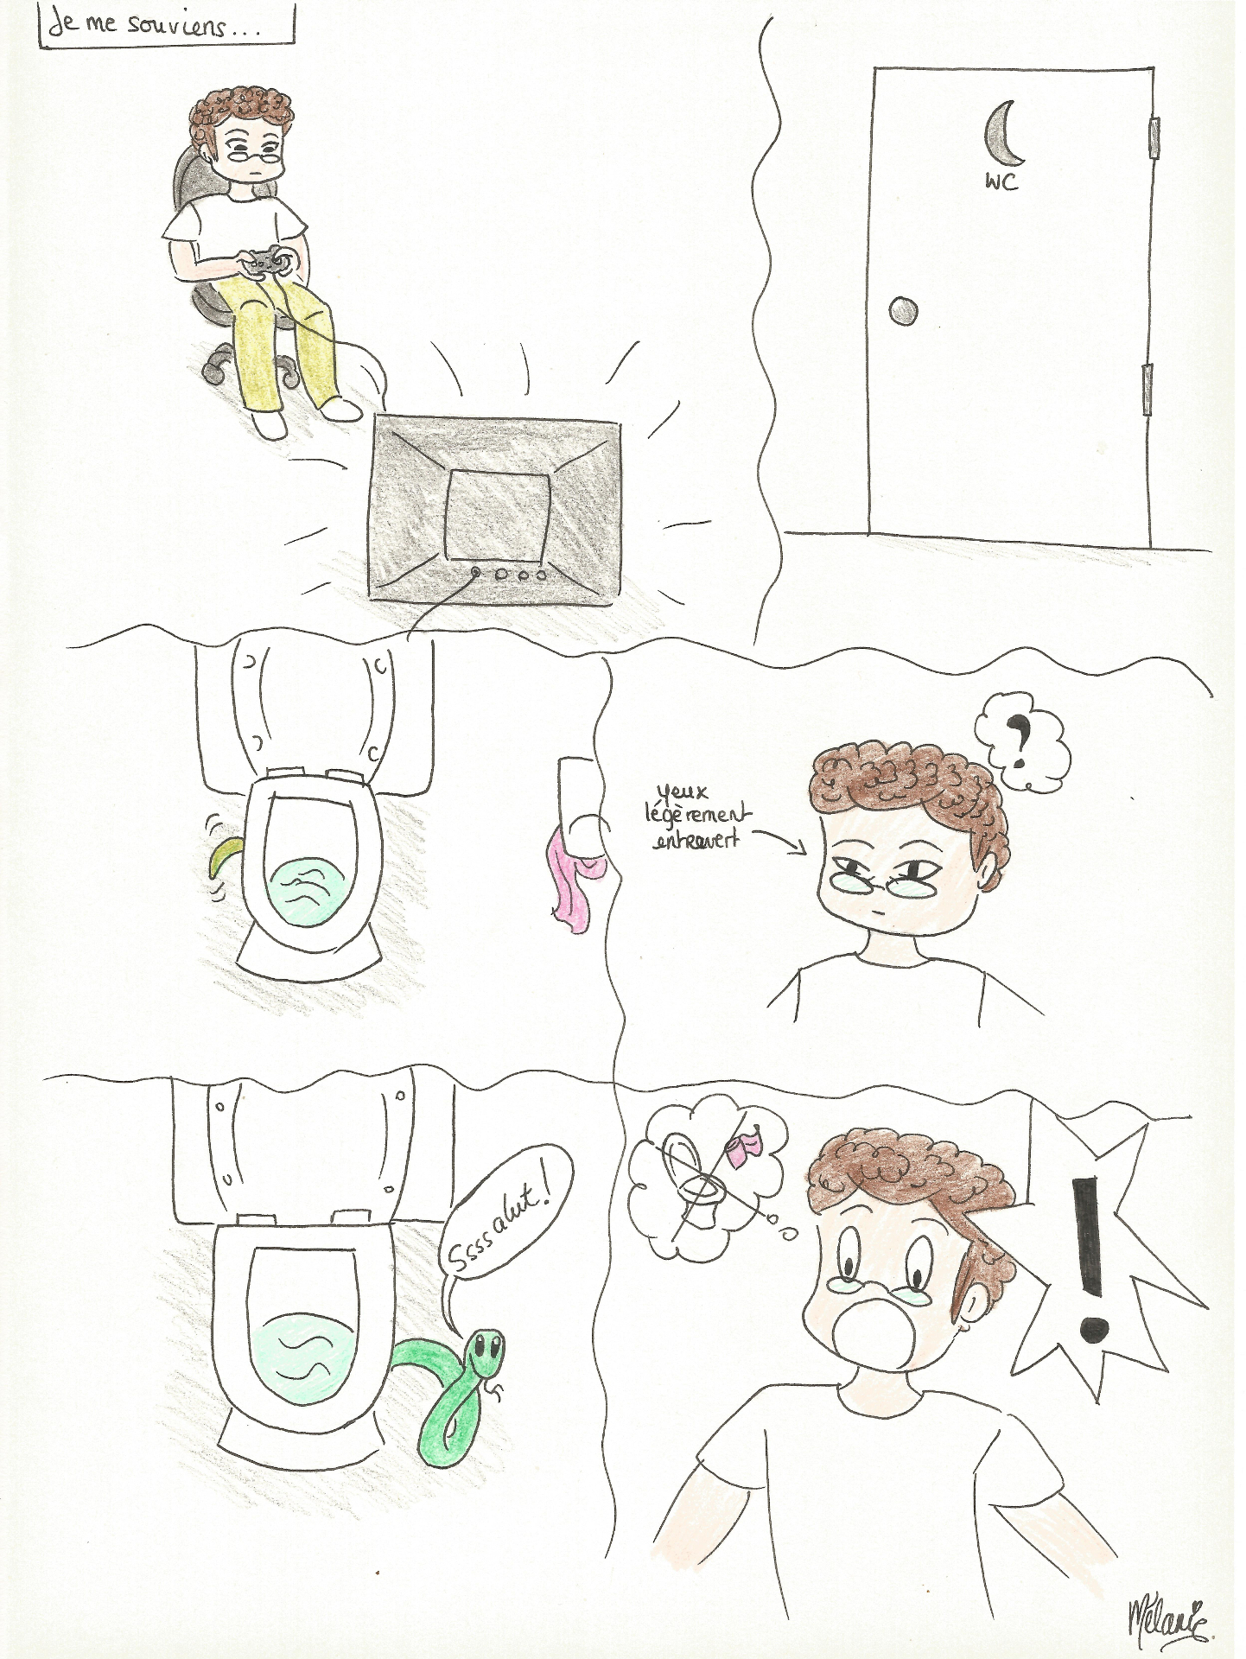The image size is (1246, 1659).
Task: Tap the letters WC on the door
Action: coord(1001,181)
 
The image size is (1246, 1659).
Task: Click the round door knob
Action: coord(903,310)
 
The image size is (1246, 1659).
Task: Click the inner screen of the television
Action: coord(498,517)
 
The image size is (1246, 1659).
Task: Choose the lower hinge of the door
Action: coord(1147,389)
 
